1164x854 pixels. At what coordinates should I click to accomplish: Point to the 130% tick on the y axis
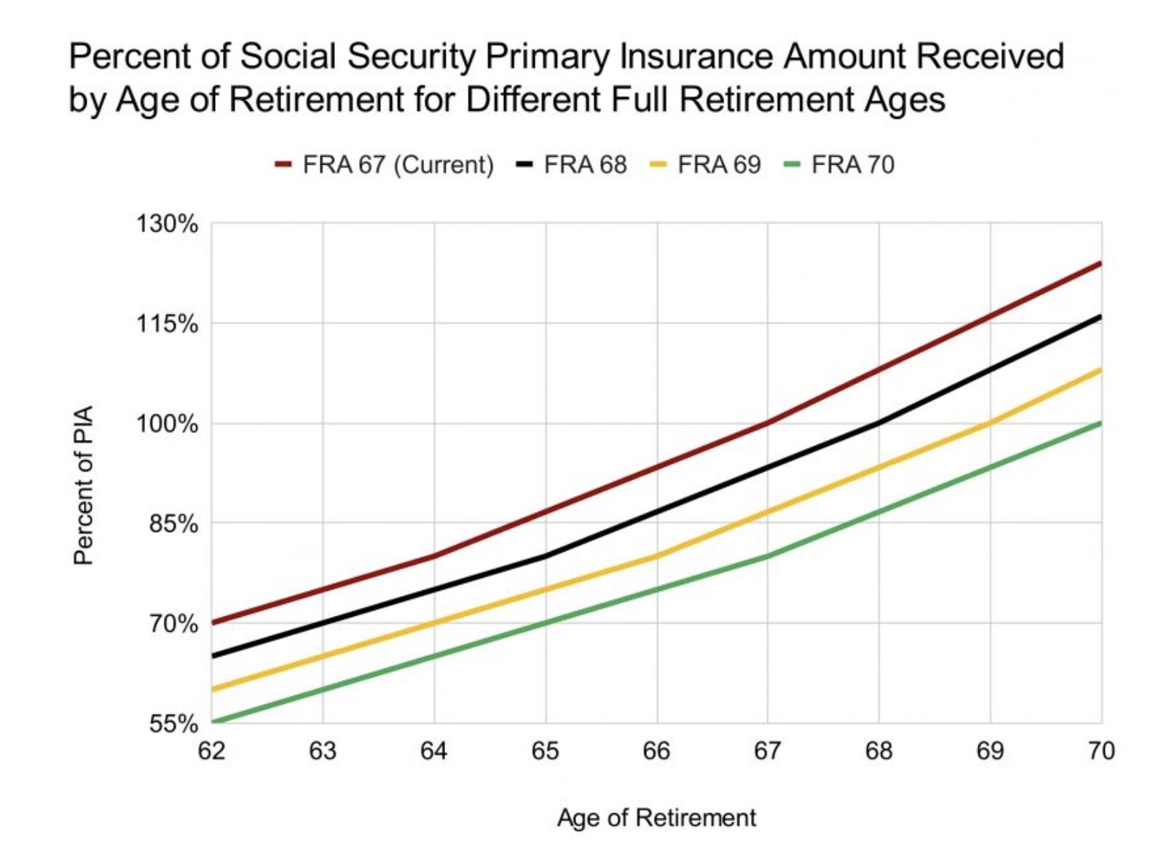click(167, 224)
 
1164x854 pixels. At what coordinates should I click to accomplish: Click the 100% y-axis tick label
click(167, 423)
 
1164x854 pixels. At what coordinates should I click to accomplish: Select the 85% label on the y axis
click(173, 523)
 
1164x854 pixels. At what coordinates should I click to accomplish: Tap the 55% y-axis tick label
click(173, 724)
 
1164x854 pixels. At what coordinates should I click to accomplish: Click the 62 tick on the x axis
click(211, 751)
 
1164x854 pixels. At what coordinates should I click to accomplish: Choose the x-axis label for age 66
click(656, 751)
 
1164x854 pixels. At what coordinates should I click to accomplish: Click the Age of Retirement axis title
click(656, 818)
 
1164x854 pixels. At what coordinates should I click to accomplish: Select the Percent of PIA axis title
click(84, 485)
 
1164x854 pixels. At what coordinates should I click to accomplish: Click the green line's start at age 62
click(213, 722)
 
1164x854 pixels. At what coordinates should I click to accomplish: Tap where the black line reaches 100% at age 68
click(878, 423)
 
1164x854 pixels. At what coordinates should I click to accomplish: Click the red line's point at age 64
click(434, 556)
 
